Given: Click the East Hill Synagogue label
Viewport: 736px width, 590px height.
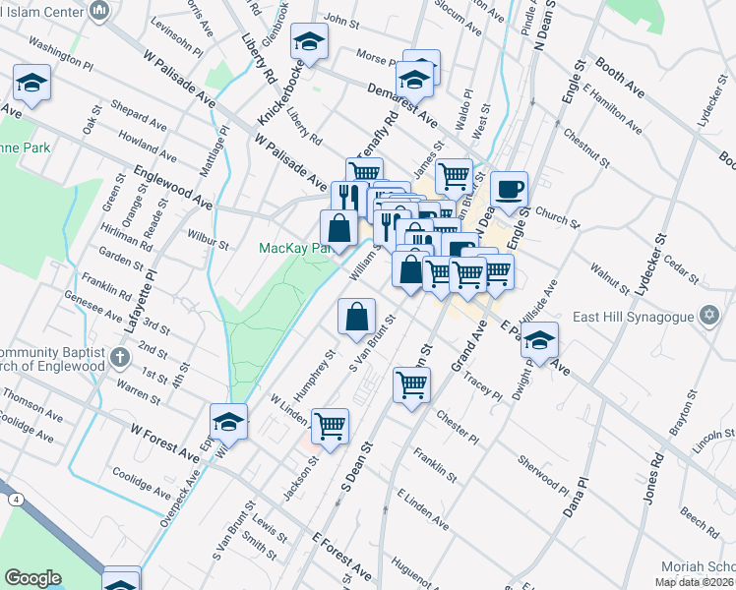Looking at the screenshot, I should [x=644, y=315].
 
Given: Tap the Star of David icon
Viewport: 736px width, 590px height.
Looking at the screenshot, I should [x=708, y=315].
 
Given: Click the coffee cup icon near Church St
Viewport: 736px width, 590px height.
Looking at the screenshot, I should [x=509, y=189].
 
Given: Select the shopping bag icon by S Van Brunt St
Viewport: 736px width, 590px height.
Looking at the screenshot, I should [x=356, y=317].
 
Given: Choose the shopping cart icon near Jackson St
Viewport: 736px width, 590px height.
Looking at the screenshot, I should [x=331, y=426].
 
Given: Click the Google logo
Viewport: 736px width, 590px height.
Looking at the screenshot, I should [x=32, y=578].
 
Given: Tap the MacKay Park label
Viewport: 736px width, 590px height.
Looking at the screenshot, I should [x=291, y=249].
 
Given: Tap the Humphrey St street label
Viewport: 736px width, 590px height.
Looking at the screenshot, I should [x=325, y=366].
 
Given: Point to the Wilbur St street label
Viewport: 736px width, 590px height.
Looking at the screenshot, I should [x=208, y=238].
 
